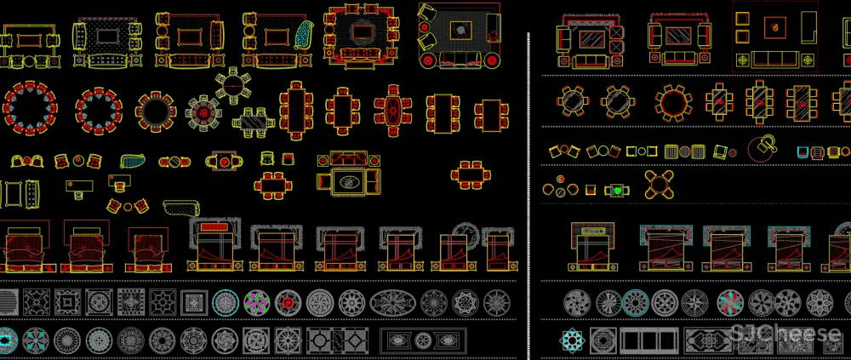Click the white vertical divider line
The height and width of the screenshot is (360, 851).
[528, 196]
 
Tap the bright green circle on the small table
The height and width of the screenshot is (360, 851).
[617, 191]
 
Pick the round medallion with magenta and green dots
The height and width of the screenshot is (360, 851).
[257, 303]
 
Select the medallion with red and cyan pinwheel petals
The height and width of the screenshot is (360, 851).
[730, 303]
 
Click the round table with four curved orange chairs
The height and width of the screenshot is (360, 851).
[659, 185]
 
